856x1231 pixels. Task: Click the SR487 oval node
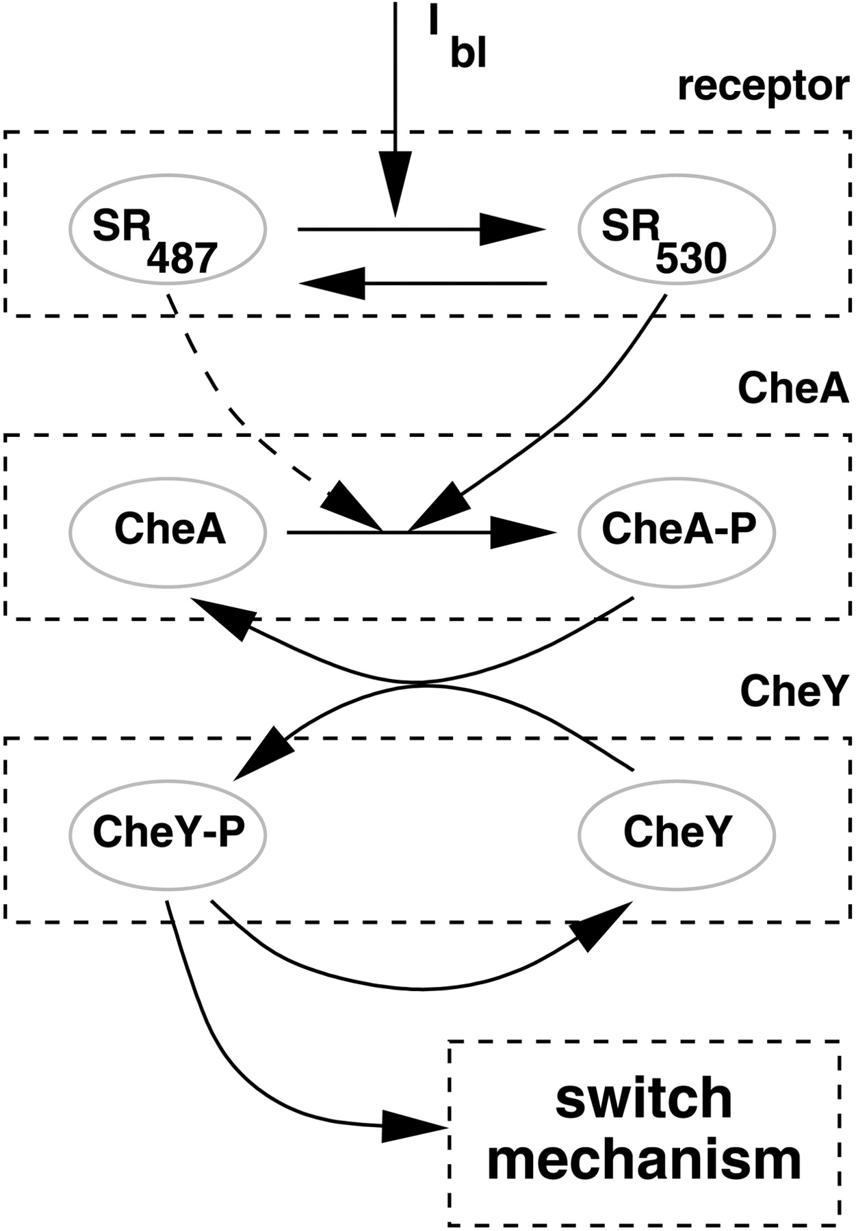(x=168, y=230)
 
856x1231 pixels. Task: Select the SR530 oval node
(x=677, y=230)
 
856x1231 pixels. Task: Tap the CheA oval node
(x=168, y=531)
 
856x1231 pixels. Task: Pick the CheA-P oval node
(x=677, y=531)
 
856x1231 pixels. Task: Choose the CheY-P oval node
(x=168, y=834)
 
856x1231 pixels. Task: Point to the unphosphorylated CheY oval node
(x=677, y=834)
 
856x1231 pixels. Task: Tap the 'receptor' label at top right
(x=762, y=87)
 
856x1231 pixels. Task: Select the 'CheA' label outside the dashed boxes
(x=792, y=388)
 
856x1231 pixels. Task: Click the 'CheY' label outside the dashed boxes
(x=794, y=691)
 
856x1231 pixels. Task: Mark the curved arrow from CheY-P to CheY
(x=417, y=987)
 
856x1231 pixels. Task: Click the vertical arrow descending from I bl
(x=395, y=103)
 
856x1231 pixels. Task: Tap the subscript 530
(x=690, y=260)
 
